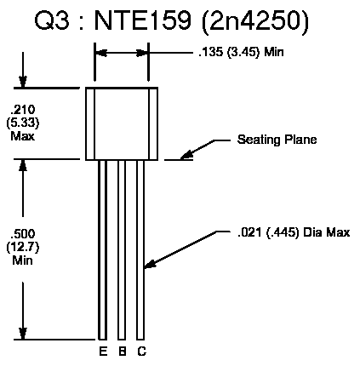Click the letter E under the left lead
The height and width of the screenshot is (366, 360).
tap(103, 352)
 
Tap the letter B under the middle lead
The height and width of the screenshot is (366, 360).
tap(123, 352)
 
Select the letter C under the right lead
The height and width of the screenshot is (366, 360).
tap(142, 352)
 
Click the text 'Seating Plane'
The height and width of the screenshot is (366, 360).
tap(277, 140)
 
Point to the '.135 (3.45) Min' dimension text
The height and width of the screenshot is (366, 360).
tap(241, 53)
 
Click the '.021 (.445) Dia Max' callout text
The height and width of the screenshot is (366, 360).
tap(294, 232)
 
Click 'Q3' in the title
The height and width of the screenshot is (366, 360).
tap(52, 20)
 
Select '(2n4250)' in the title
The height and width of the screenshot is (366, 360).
tap(254, 21)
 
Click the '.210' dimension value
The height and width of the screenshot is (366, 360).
tap(23, 110)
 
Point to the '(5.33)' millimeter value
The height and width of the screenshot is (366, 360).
tap(23, 123)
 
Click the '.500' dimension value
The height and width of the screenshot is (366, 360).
tap(23, 234)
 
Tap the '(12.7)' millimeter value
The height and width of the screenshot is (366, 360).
tap(23, 248)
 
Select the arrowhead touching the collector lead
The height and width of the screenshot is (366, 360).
tap(151, 263)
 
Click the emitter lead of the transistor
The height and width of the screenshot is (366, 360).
tap(102, 250)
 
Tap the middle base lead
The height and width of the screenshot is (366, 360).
tap(122, 250)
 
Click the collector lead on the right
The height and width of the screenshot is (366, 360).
tap(140, 250)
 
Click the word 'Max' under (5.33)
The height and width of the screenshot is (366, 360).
tap(23, 136)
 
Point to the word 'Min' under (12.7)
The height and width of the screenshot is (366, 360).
tap(23, 260)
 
